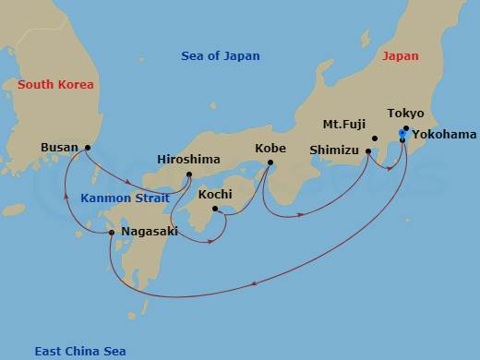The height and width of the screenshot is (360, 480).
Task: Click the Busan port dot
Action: click(x=88, y=148)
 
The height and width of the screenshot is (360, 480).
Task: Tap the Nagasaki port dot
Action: click(x=112, y=233)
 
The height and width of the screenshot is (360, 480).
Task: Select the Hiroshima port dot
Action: click(x=188, y=174)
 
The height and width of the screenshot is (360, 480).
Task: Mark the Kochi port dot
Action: click(x=215, y=210)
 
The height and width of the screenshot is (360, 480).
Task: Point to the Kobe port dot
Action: click(x=270, y=164)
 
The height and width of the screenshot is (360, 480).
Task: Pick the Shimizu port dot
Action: click(x=368, y=152)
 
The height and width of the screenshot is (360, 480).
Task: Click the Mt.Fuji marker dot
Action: click(x=375, y=139)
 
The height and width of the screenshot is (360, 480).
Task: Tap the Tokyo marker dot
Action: click(x=406, y=128)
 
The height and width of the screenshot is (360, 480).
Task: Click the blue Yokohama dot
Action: click(x=401, y=135)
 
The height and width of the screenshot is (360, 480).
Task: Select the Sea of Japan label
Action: click(x=221, y=57)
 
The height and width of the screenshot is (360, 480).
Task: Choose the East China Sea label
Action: click(x=80, y=351)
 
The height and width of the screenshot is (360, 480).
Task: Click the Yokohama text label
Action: click(x=444, y=135)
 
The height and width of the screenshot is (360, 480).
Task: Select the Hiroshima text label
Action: click(x=188, y=159)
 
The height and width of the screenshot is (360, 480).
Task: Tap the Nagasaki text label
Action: click(x=149, y=232)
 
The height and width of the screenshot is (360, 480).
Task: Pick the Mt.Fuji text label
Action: click(x=342, y=123)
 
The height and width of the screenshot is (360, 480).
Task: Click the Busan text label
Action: click(x=60, y=147)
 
